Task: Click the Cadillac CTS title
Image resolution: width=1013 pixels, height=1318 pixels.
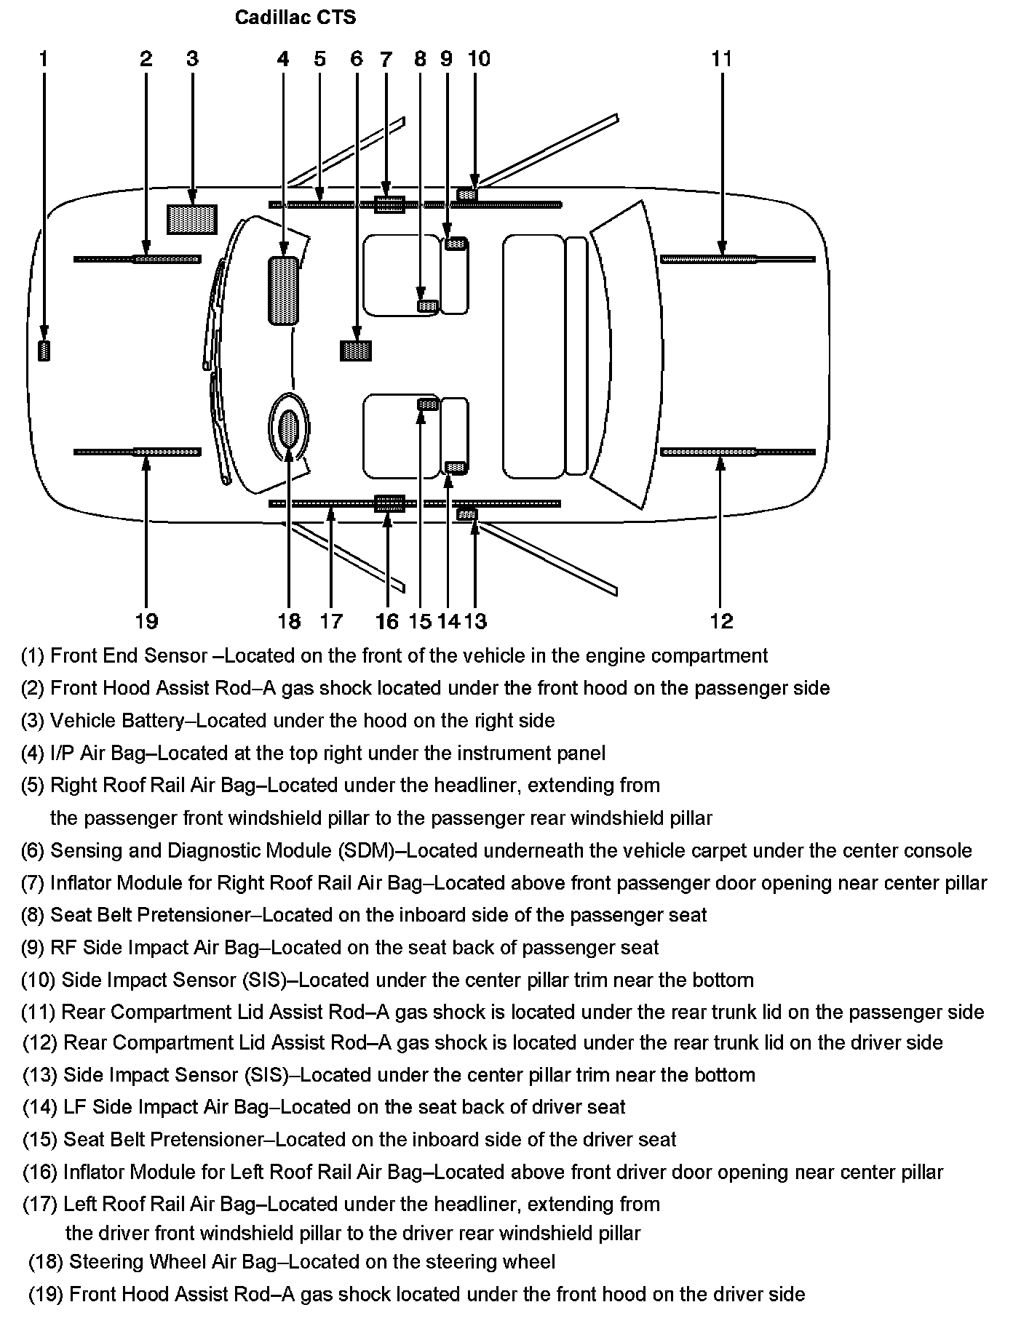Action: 295,17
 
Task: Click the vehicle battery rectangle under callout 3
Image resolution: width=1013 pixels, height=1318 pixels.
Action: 192,219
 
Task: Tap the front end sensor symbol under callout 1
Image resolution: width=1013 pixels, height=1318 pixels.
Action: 44,351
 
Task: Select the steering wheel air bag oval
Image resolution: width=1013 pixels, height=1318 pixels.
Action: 289,428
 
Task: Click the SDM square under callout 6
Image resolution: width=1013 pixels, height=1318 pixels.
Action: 356,351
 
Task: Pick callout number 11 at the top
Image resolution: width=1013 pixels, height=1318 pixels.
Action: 721,59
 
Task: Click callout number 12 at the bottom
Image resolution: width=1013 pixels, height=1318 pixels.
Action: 721,621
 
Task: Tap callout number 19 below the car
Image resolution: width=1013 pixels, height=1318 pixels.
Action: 146,621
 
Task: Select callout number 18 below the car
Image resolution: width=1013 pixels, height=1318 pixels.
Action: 289,621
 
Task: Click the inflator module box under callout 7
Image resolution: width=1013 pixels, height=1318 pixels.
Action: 389,205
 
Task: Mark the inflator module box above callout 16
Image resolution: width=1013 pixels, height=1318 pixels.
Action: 389,503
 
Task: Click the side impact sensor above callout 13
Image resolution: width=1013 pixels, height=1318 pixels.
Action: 467,514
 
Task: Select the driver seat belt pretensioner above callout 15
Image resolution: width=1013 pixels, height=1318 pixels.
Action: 427,404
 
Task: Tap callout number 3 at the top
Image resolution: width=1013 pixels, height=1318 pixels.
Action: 192,59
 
